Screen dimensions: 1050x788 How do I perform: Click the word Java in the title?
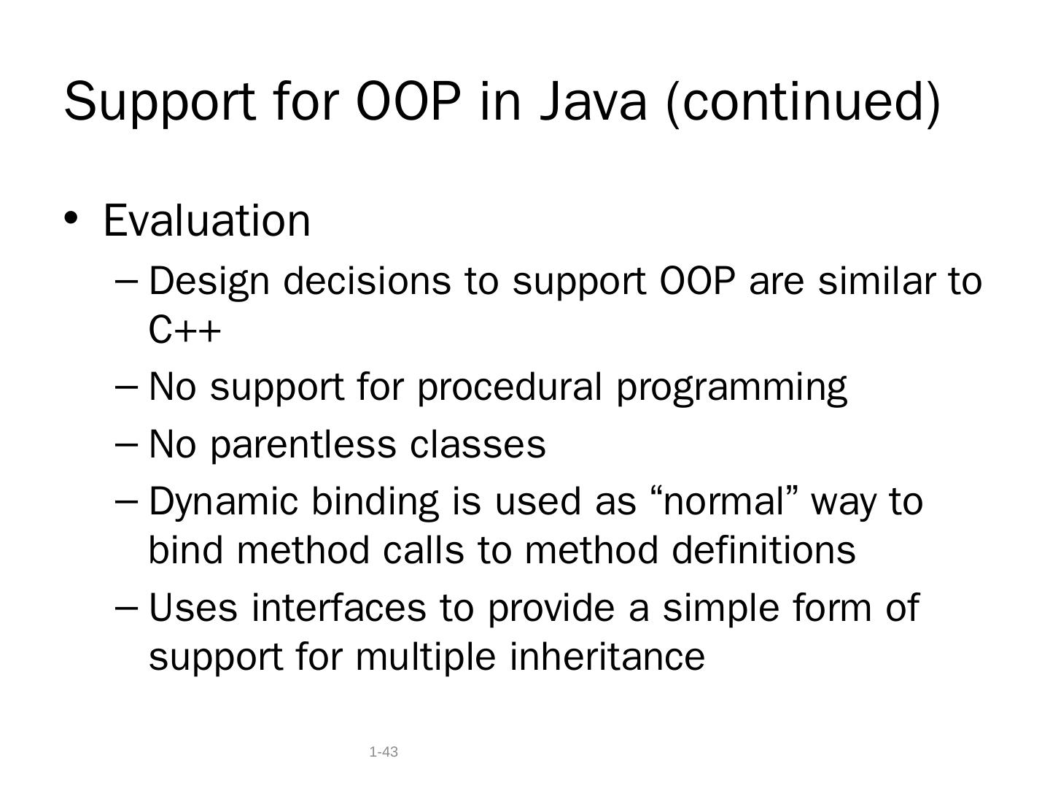click(593, 101)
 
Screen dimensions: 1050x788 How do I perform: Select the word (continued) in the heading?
click(803, 104)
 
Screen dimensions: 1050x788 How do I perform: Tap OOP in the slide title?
click(409, 101)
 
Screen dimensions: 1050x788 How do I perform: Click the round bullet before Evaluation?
click(70, 218)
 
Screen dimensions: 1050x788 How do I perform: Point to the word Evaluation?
click(206, 220)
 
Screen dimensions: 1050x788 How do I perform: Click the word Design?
click(209, 283)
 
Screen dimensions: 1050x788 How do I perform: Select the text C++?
click(184, 330)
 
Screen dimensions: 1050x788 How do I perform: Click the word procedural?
click(510, 388)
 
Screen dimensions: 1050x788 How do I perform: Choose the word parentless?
click(303, 445)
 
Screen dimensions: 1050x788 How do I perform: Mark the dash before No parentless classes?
click(127, 444)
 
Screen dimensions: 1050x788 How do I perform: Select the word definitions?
click(763, 549)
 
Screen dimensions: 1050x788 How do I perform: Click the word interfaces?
click(338, 607)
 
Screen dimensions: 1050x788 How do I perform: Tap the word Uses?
click(193, 608)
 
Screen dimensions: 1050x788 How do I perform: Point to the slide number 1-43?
click(384, 752)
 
